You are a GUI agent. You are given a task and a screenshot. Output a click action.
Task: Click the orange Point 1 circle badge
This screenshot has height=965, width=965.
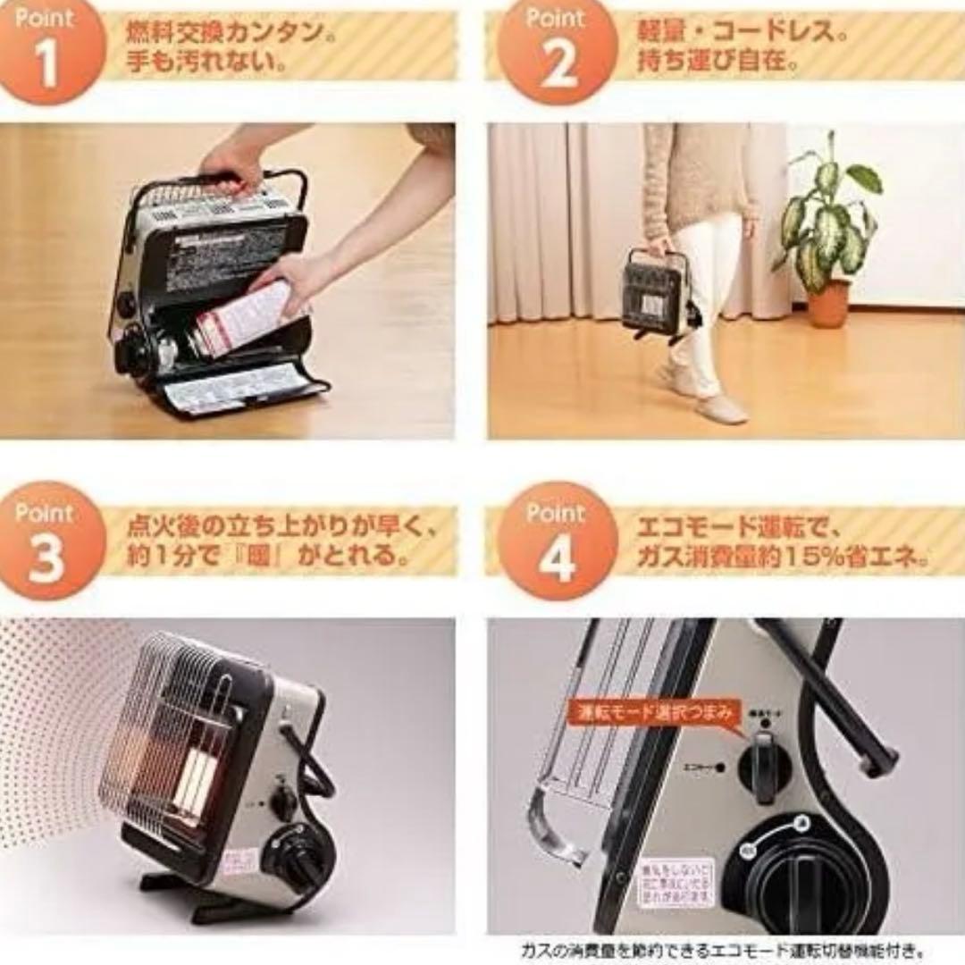[49, 49]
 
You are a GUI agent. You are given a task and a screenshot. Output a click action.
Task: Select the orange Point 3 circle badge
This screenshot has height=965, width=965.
[49, 541]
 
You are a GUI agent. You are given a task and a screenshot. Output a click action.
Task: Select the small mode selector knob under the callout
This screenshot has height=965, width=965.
[764, 764]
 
